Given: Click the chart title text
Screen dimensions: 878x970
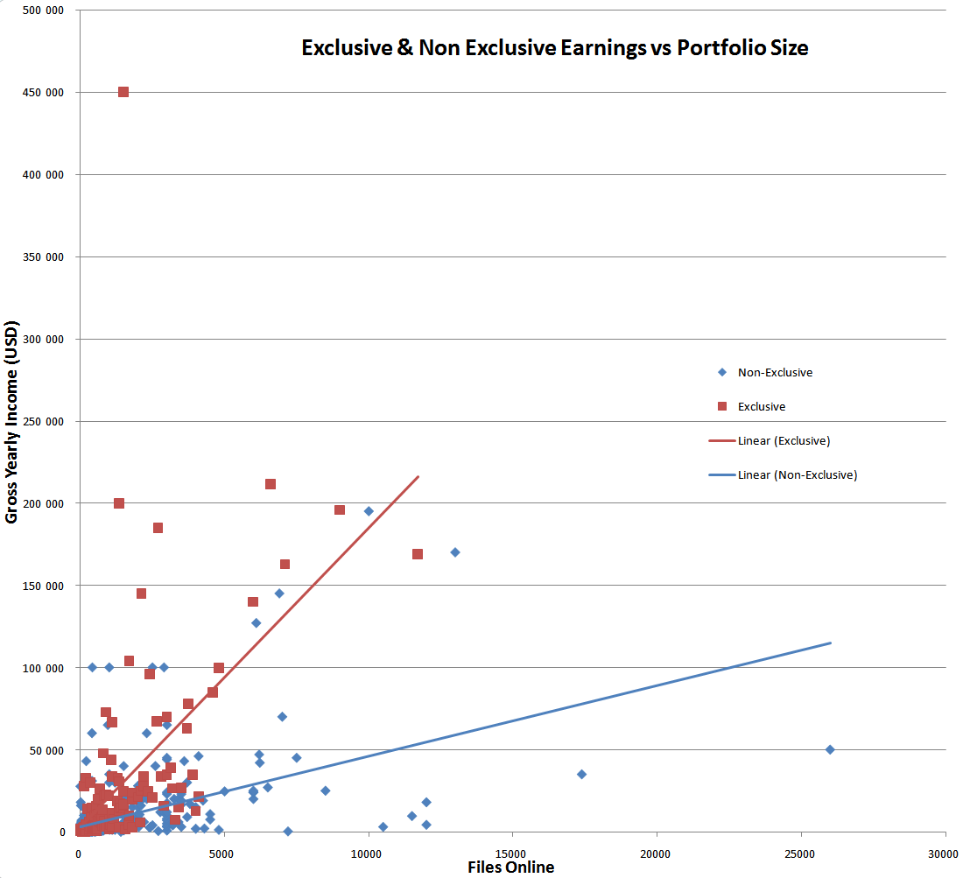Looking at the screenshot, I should (x=554, y=48).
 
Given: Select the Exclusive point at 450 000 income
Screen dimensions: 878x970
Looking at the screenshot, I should (x=123, y=92).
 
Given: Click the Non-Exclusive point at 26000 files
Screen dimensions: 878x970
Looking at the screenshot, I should (x=830, y=749).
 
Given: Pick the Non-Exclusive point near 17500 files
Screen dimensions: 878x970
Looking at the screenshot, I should (x=581, y=774).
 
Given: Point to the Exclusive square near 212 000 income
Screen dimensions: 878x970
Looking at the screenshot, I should (x=271, y=484).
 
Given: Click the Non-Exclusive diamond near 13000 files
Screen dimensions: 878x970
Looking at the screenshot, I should (x=455, y=552).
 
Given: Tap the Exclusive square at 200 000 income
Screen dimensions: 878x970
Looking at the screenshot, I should (x=119, y=503).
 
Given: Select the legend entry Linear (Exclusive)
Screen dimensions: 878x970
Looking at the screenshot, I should (x=784, y=440).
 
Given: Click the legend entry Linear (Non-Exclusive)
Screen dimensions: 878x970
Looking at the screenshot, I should (x=797, y=474).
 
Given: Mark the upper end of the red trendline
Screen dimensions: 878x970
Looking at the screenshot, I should (x=418, y=477).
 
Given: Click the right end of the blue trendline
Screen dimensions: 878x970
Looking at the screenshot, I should (x=830, y=643).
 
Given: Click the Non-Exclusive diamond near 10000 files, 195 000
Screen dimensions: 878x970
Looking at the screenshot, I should (x=369, y=511).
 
